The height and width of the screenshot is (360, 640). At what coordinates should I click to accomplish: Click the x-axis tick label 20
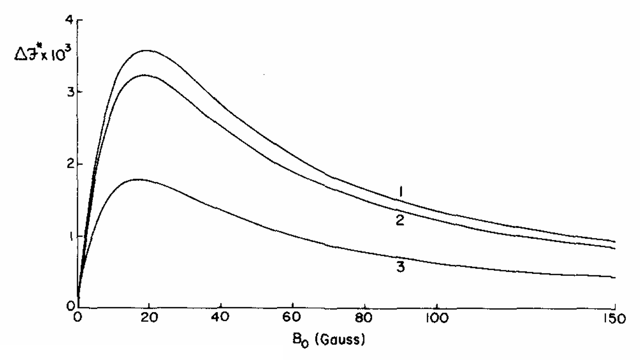point(149,320)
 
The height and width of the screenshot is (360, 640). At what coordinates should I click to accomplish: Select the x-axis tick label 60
point(293,320)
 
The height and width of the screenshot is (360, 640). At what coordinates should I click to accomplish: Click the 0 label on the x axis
point(77,320)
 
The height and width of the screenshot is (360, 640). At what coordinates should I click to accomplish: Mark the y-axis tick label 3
point(69,92)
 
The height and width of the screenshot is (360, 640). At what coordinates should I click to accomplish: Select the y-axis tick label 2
point(69,165)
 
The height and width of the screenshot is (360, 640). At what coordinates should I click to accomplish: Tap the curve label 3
point(400,267)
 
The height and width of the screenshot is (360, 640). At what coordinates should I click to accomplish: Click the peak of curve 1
point(146,50)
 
